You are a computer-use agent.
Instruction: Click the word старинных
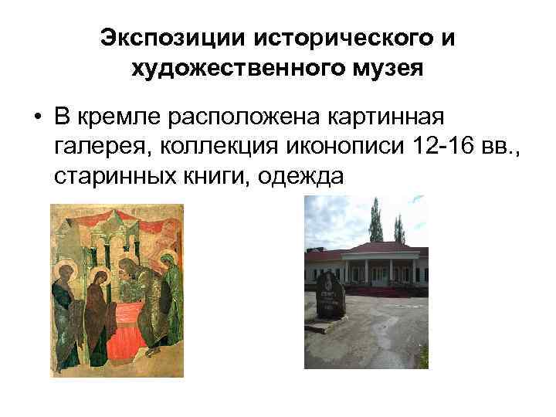[104, 176]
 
